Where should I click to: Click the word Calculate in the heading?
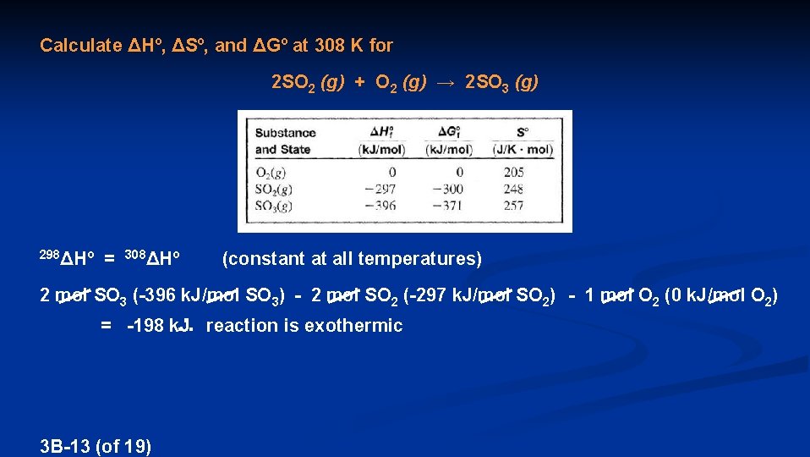[81, 46]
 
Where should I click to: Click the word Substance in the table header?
[285, 133]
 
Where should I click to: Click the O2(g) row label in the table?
[272, 173]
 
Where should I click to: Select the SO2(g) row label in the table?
[275, 189]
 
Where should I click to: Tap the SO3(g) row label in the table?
[275, 205]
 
